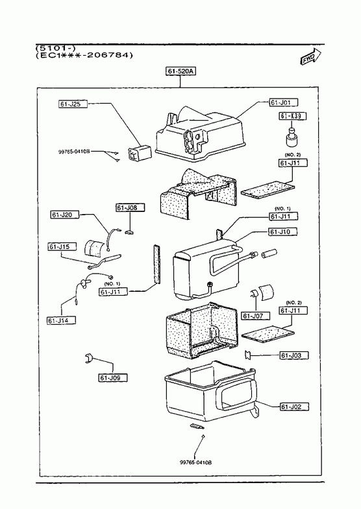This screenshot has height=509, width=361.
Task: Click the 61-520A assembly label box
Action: coord(181,71)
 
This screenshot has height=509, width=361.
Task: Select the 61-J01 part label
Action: coord(283,102)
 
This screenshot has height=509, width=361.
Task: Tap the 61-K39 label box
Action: coord(292,116)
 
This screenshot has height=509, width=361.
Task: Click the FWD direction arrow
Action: coord(310,57)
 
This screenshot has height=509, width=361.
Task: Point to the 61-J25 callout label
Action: coord(73,104)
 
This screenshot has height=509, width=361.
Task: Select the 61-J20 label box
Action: coord(65,215)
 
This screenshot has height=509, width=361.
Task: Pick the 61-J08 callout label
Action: coord(130,207)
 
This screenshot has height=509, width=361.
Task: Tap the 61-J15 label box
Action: coord(62,246)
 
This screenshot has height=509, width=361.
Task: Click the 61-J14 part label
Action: coord(62,321)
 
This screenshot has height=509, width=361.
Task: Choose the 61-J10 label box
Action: coord(283,231)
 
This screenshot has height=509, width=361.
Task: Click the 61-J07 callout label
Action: coord(256,316)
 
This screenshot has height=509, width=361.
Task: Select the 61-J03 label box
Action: coord(294,355)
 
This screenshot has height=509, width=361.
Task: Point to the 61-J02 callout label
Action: coord(294,407)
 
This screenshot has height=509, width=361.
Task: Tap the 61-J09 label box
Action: coord(113,378)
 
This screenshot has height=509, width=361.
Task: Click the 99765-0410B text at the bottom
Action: coord(195,462)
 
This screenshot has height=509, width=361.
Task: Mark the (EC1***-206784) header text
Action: coord(84,55)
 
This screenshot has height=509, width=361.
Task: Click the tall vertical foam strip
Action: coord(157,265)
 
